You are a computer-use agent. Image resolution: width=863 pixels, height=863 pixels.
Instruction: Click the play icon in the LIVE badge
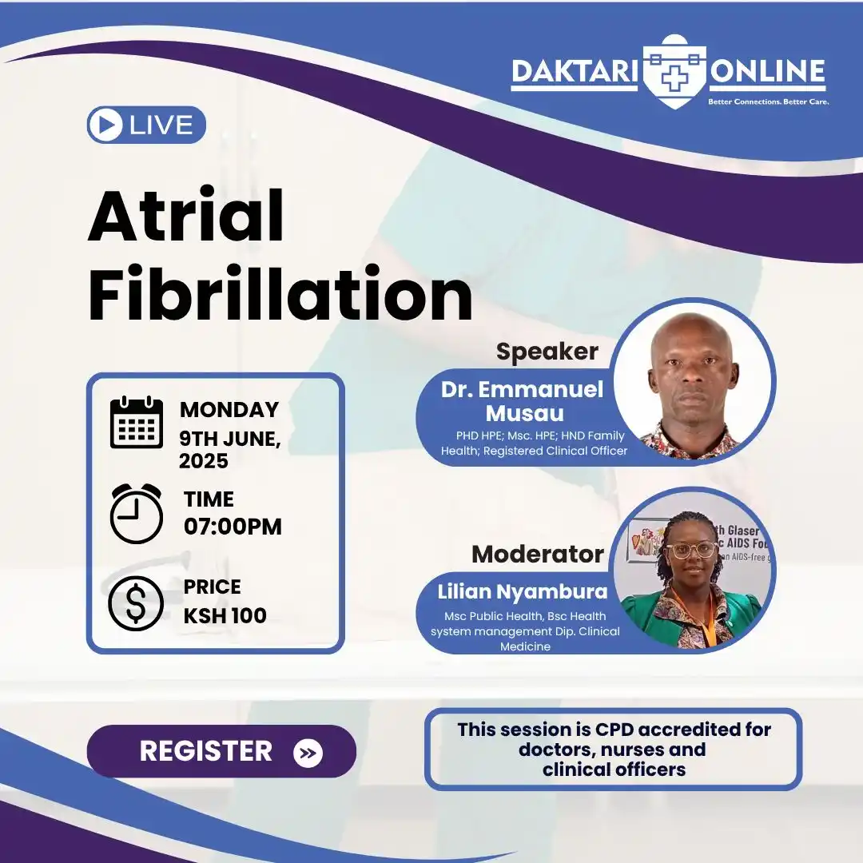106,125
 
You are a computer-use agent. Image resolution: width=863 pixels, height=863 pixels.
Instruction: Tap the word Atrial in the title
185,217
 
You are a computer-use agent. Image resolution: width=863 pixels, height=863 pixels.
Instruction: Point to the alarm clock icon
136,514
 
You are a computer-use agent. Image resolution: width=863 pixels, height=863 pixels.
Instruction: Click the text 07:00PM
233,527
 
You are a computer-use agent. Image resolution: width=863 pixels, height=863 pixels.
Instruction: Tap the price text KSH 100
225,616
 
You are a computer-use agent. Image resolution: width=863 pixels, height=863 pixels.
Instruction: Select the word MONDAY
229,410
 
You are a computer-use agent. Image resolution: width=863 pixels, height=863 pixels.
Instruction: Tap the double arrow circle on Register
308,753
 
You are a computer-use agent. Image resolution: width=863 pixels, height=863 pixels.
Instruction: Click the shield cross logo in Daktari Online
675,72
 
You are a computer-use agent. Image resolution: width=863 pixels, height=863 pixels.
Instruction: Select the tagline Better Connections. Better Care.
768,102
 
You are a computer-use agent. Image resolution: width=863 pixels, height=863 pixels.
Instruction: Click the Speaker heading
547,352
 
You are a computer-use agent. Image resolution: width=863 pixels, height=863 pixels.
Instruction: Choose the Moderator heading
537,554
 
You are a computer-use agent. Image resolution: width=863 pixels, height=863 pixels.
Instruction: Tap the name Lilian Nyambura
523,593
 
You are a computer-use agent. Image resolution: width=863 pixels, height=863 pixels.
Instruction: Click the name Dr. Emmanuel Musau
523,401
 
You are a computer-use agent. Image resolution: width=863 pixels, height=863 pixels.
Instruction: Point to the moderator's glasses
692,551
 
